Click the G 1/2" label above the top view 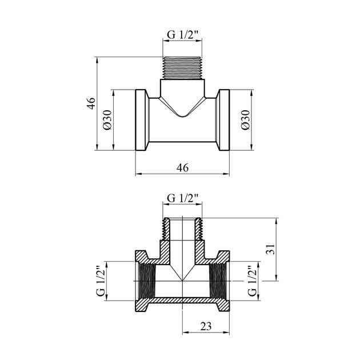(182, 35)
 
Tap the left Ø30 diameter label (107, 120)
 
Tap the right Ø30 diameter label (246, 120)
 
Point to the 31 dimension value (271, 249)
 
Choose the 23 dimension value (206, 326)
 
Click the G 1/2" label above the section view (182, 198)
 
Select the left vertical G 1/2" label (101, 281)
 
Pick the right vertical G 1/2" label (252, 281)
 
